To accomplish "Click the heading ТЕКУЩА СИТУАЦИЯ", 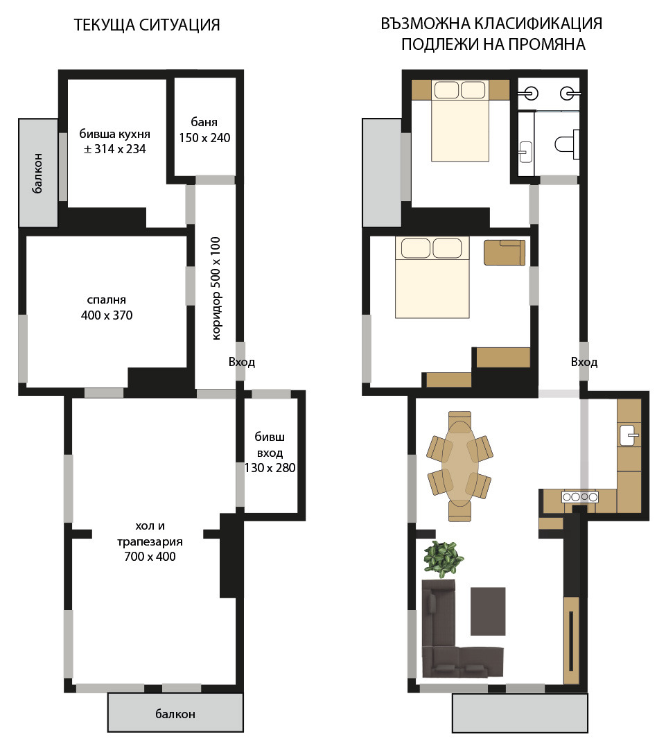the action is [x=147, y=25].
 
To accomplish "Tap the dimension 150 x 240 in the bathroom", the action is [x=204, y=138].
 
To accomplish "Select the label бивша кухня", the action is [x=115, y=134].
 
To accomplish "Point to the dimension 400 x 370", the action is [x=107, y=315].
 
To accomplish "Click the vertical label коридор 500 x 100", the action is [x=216, y=288].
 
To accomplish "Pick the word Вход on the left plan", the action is [x=242, y=362].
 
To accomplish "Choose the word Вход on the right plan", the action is [x=584, y=362].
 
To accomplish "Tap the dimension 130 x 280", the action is [x=270, y=468].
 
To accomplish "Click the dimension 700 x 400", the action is [x=150, y=557].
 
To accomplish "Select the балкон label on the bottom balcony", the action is [x=175, y=714].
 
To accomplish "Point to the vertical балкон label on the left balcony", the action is [x=37, y=173].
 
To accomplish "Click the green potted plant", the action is [x=444, y=559].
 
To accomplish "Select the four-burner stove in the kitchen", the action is [x=579, y=497].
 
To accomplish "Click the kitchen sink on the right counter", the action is [x=629, y=435].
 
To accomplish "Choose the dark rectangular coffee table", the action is [x=488, y=611].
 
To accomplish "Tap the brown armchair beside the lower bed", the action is [x=505, y=252].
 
